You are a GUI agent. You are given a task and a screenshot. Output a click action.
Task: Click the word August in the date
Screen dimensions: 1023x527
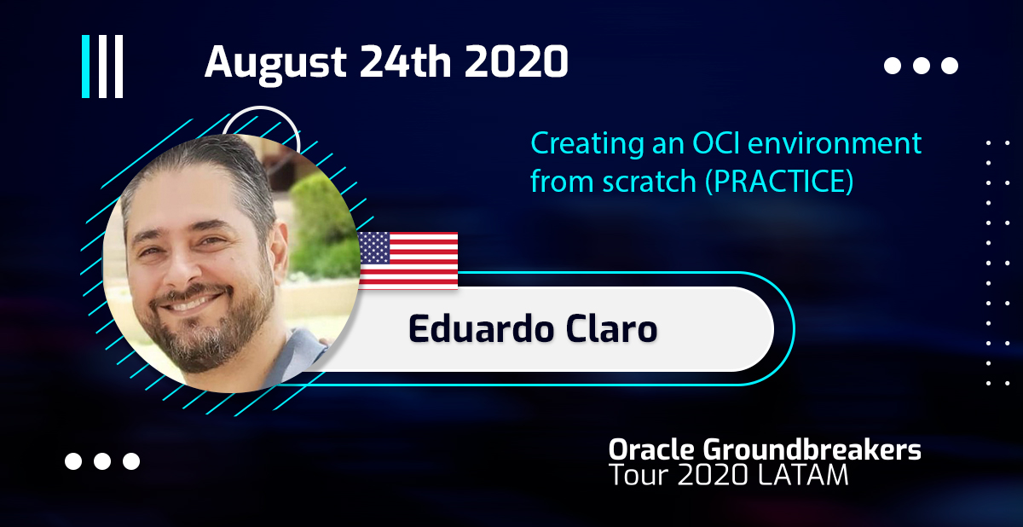tap(276, 63)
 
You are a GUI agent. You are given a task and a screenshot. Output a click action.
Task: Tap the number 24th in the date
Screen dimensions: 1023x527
tap(406, 61)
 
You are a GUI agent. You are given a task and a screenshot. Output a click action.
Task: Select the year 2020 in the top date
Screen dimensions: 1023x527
tap(517, 61)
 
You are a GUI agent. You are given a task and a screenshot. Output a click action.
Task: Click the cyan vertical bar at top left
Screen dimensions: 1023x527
tap(85, 67)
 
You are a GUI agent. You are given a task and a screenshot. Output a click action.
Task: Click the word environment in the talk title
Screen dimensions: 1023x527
tap(835, 143)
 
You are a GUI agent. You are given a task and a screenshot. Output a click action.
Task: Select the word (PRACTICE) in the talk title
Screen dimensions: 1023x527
tap(779, 182)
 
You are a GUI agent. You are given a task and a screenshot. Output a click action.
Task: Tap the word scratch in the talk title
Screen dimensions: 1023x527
tap(650, 182)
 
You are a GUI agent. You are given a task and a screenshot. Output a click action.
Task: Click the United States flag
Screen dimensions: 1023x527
tap(408, 260)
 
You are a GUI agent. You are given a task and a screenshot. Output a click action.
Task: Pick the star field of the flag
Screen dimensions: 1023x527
tap(374, 248)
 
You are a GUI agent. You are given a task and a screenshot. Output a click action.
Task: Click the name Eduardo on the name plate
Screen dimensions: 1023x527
tap(482, 329)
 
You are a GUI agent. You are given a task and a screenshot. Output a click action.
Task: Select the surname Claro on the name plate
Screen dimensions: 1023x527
tap(611, 329)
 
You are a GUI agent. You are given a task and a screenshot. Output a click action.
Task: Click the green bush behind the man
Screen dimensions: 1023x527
tap(322, 229)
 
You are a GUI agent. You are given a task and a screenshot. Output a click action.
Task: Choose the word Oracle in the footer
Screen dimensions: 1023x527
tap(651, 449)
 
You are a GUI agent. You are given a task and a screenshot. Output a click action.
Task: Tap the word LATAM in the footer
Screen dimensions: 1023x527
tap(803, 475)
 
